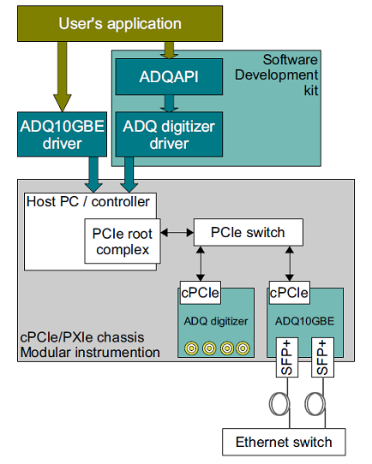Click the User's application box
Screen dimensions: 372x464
[120, 24]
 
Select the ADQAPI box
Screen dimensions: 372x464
[169, 77]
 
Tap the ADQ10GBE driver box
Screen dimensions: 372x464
[63, 134]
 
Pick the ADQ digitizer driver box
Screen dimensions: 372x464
[169, 134]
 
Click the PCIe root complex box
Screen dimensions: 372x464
[123, 241]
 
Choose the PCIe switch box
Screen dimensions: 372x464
[249, 232]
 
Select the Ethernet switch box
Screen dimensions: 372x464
[284, 442]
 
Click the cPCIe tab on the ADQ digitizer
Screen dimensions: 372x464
[201, 293]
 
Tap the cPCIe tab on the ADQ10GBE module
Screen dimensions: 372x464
[290, 293]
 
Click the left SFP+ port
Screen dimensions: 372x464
[287, 357]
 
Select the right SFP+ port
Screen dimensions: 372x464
[322, 357]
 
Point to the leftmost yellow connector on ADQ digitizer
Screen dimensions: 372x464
[191, 348]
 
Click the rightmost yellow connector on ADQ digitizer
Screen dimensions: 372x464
[243, 348]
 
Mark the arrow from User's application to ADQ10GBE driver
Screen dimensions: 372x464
[63, 77]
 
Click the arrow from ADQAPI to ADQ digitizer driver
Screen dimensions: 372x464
[169, 104]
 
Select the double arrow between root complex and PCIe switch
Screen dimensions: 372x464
[177, 233]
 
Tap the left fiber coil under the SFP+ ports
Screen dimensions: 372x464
[279, 404]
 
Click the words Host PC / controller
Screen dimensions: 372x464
[88, 202]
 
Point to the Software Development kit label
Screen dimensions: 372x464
[276, 75]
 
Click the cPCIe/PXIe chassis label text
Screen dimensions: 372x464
[82, 337]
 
